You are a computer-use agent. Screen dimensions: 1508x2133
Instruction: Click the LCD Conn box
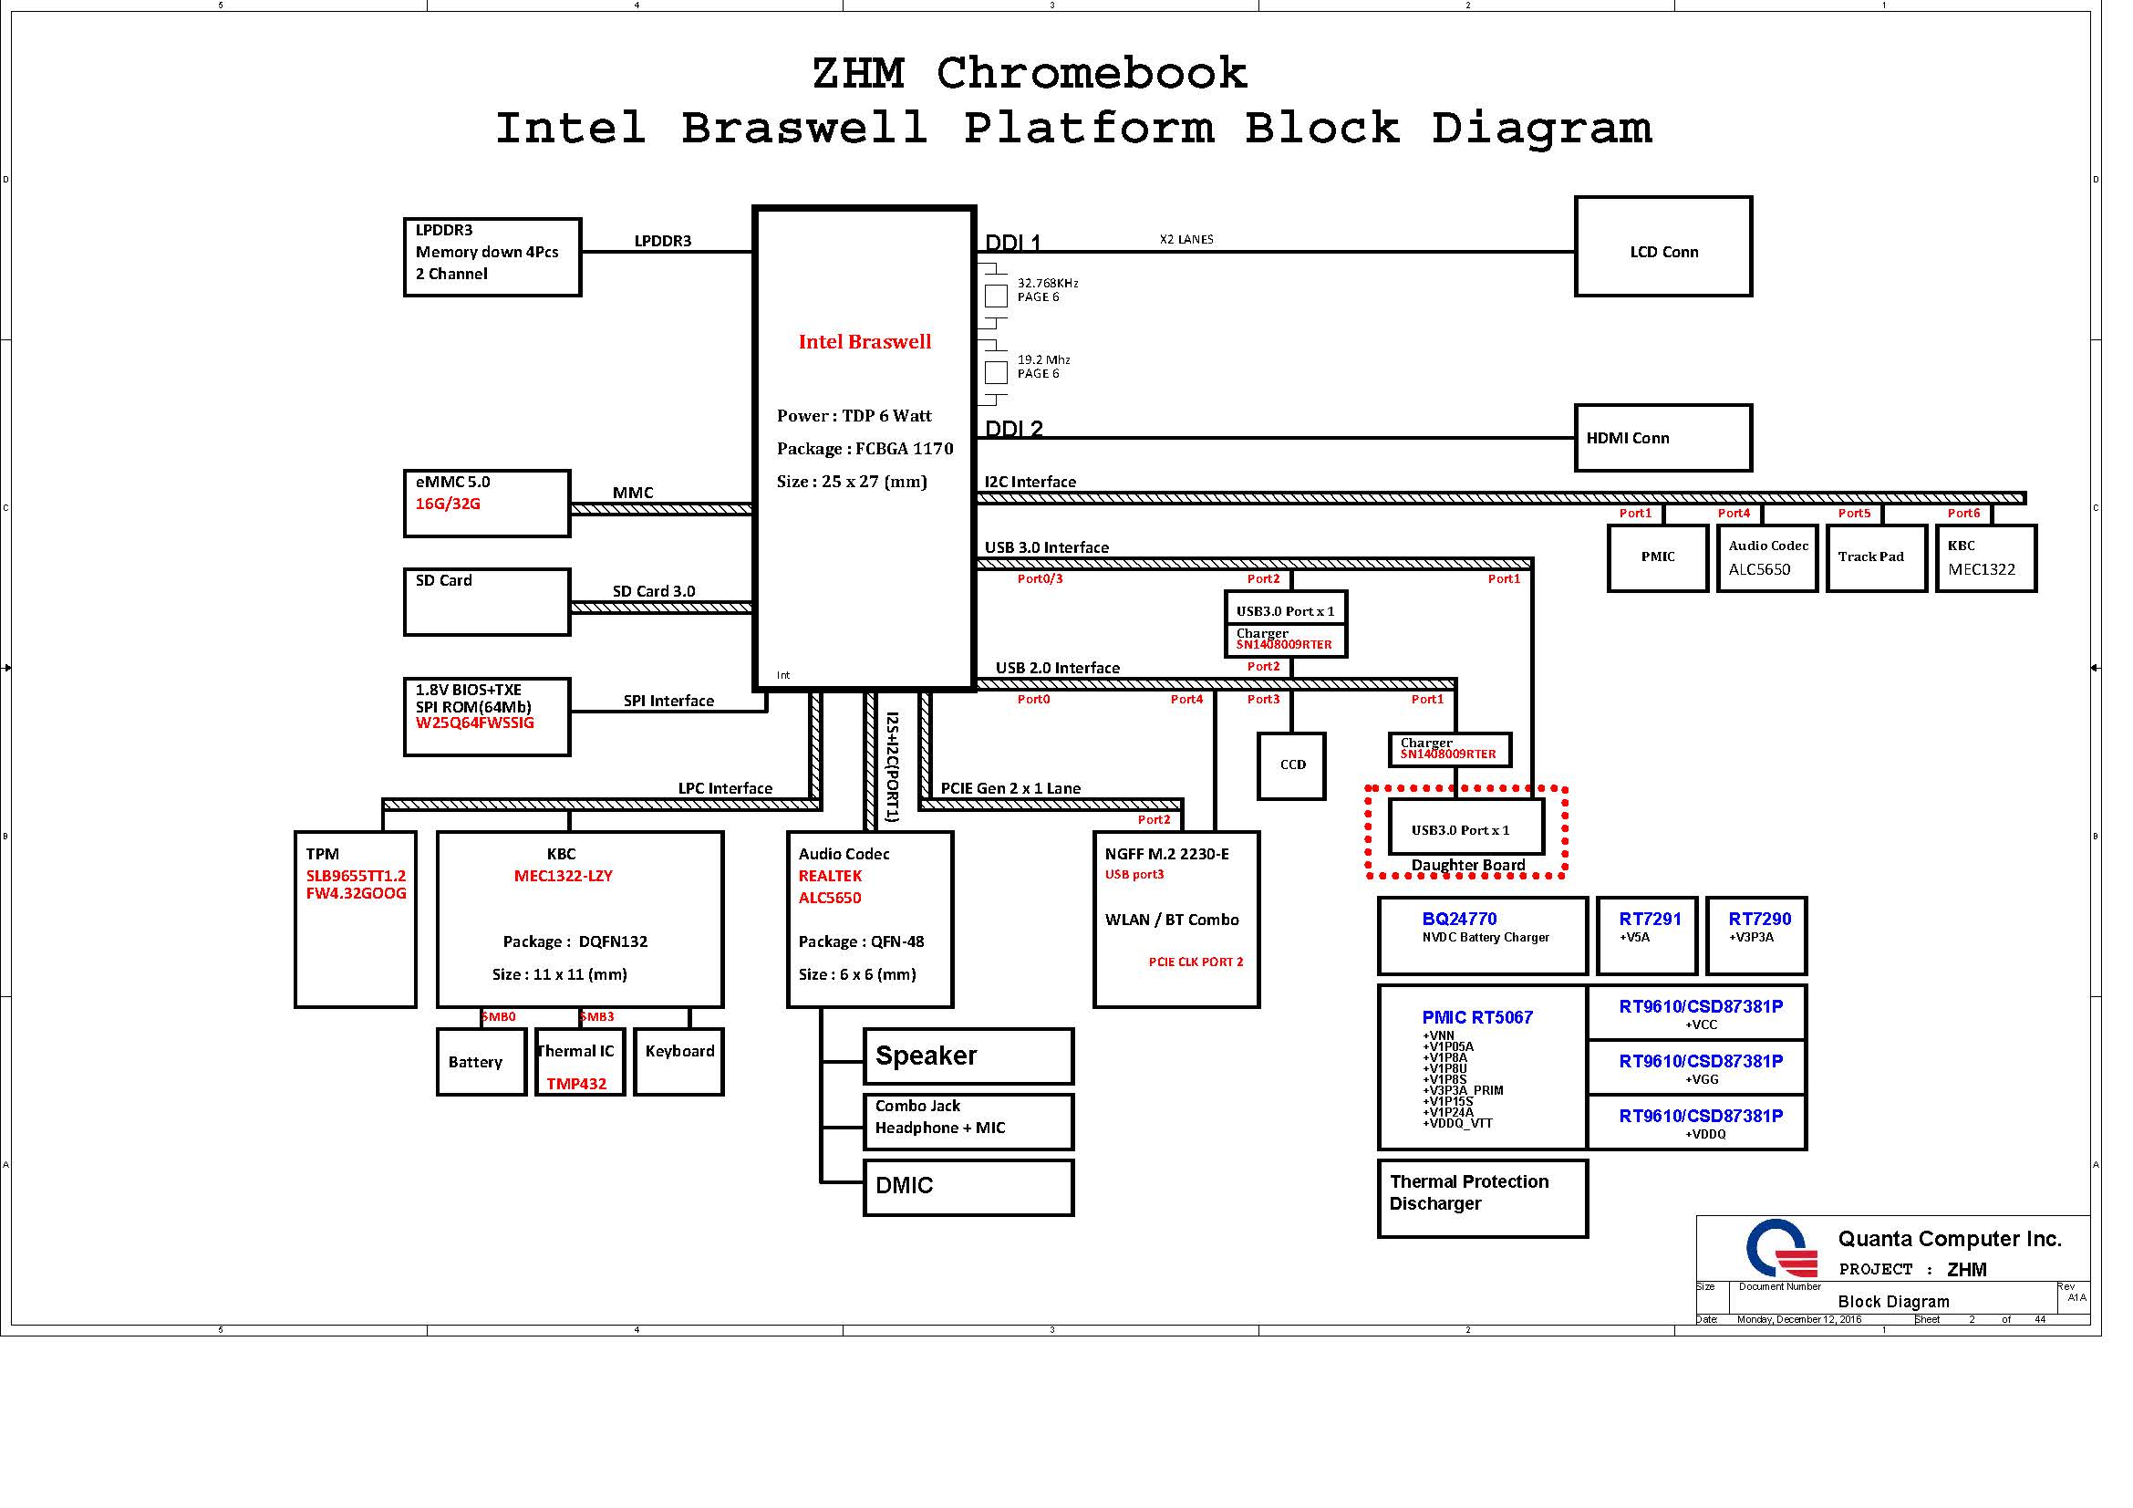tap(1663, 247)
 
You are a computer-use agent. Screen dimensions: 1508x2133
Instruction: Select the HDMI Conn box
tap(1663, 438)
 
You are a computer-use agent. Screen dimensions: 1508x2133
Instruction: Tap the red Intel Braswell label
tap(865, 342)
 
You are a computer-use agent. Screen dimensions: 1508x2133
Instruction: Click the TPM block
tap(355, 919)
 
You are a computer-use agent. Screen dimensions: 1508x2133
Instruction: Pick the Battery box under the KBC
tap(481, 1062)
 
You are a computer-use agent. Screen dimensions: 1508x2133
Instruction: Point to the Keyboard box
tap(679, 1062)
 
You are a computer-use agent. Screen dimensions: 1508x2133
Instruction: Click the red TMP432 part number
tap(576, 1084)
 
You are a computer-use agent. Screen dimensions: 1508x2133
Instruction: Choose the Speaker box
tap(968, 1056)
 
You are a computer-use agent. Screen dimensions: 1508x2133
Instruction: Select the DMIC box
tap(968, 1187)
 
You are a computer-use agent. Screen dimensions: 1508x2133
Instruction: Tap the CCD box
tap(1291, 765)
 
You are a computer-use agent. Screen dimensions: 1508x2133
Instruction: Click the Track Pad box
tap(1876, 557)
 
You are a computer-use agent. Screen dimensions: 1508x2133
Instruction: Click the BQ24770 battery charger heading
tap(1458, 919)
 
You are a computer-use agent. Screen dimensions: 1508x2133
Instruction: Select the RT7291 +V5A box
tap(1646, 936)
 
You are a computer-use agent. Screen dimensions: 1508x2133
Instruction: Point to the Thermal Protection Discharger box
tap(1482, 1199)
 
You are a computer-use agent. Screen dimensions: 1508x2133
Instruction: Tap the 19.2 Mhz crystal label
tap(1043, 359)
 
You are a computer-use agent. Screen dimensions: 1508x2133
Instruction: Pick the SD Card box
tap(487, 602)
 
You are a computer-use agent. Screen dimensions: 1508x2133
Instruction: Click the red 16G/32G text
tap(448, 504)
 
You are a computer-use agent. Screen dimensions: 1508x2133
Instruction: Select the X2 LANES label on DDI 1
tap(1186, 240)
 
